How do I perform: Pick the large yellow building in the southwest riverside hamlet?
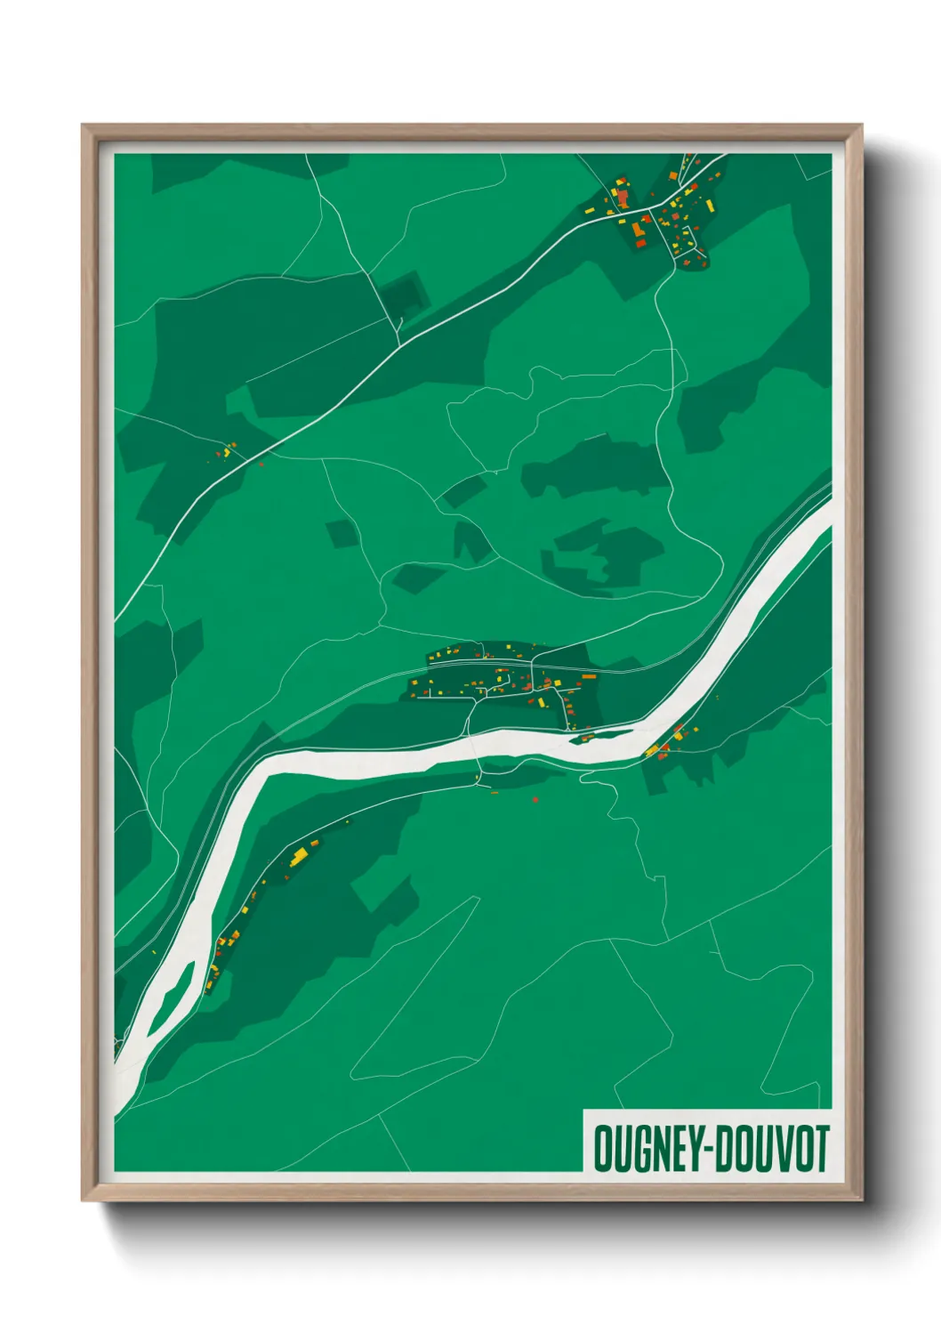(299, 856)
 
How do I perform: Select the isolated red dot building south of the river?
(535, 800)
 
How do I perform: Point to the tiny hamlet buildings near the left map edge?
(227, 450)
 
